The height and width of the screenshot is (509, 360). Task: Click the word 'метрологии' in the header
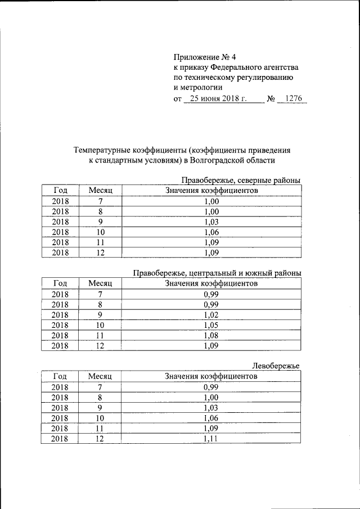197,87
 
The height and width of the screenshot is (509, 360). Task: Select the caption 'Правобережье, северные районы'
240,181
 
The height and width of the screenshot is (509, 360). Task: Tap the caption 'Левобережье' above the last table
276,366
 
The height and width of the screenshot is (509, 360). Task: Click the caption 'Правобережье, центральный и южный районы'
217,273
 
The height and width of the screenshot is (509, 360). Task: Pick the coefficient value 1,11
211,439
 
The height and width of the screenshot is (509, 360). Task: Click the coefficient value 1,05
211,325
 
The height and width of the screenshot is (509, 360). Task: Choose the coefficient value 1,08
211,335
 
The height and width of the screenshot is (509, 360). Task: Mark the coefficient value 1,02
211,315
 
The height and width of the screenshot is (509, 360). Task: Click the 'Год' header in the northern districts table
60,191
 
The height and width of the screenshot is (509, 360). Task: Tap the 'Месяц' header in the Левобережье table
100,376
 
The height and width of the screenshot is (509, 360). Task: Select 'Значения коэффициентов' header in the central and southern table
211,283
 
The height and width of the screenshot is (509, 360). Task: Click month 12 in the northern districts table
100,253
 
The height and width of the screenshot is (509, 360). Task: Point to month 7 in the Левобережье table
100,387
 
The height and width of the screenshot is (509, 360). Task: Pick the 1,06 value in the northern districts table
211,232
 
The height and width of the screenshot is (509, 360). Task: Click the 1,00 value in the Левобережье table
211,397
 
